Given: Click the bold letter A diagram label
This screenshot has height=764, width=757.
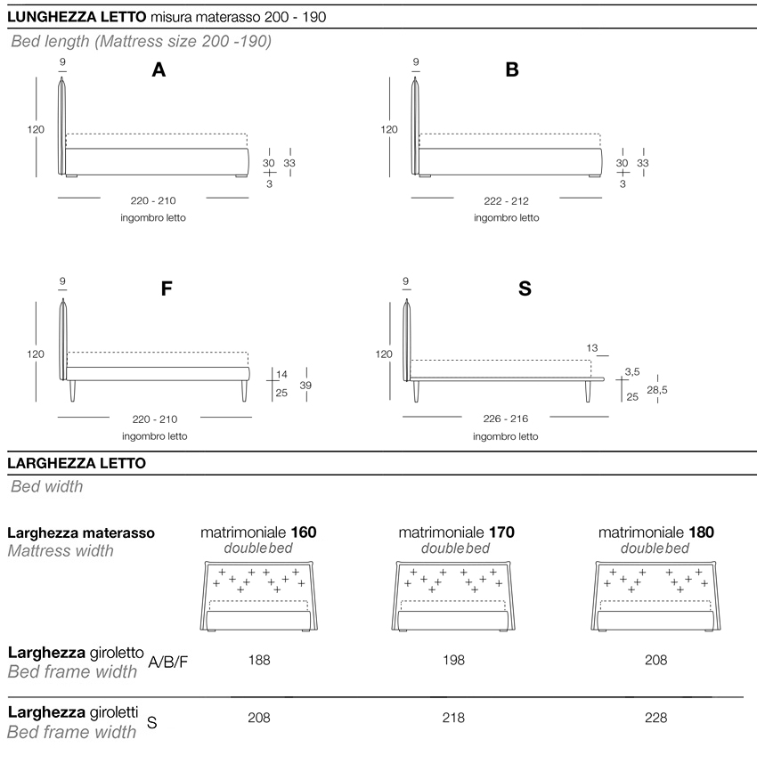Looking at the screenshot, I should [x=159, y=71].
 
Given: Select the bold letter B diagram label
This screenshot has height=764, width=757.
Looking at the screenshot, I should [x=512, y=71].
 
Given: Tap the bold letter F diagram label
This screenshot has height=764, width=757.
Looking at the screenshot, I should [x=166, y=289].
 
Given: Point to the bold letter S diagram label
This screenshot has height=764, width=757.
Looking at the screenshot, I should [x=525, y=289].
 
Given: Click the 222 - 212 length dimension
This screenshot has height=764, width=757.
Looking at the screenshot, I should [x=506, y=201].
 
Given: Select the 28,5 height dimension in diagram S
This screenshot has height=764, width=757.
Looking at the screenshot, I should [x=656, y=390].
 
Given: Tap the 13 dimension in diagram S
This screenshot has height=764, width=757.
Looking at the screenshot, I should [x=592, y=348].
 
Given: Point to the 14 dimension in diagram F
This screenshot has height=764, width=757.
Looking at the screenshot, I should [x=281, y=374].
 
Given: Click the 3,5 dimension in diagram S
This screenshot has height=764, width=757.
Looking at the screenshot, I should [x=632, y=371].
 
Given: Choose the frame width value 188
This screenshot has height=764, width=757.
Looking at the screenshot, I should [x=260, y=661].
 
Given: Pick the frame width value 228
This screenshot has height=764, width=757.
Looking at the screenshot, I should [x=655, y=718].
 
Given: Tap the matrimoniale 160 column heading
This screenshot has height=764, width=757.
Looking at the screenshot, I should [x=258, y=532].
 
